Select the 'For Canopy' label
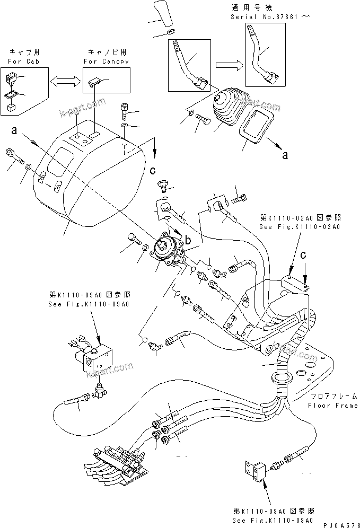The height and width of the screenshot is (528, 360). pos(106,61)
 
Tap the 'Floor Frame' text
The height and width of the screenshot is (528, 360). pos(332,406)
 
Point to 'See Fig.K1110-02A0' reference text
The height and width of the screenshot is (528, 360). pos(300,226)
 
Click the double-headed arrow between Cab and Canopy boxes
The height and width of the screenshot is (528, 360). pos(62,81)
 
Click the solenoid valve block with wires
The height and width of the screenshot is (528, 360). pos(98,355)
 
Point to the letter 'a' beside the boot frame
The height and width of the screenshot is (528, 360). pos(285,155)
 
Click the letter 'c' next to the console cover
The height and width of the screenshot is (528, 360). pos(153,170)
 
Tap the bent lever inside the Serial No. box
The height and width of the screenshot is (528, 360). pos(261,56)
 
